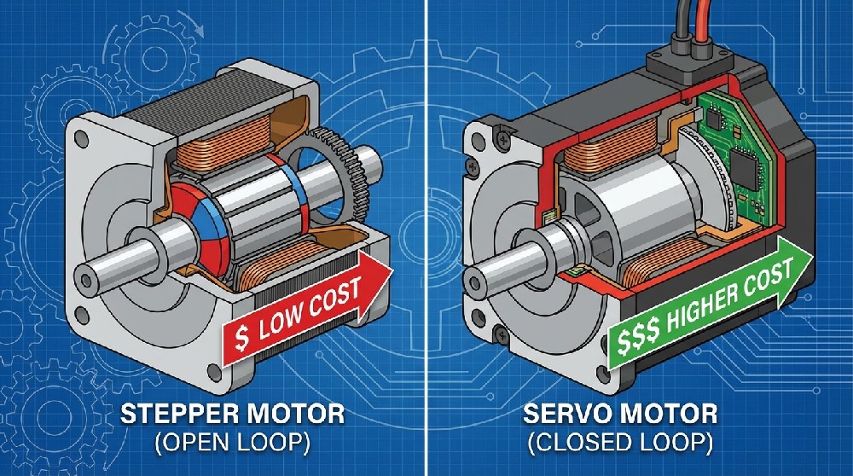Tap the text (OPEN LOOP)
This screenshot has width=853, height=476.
coord(233,444)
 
